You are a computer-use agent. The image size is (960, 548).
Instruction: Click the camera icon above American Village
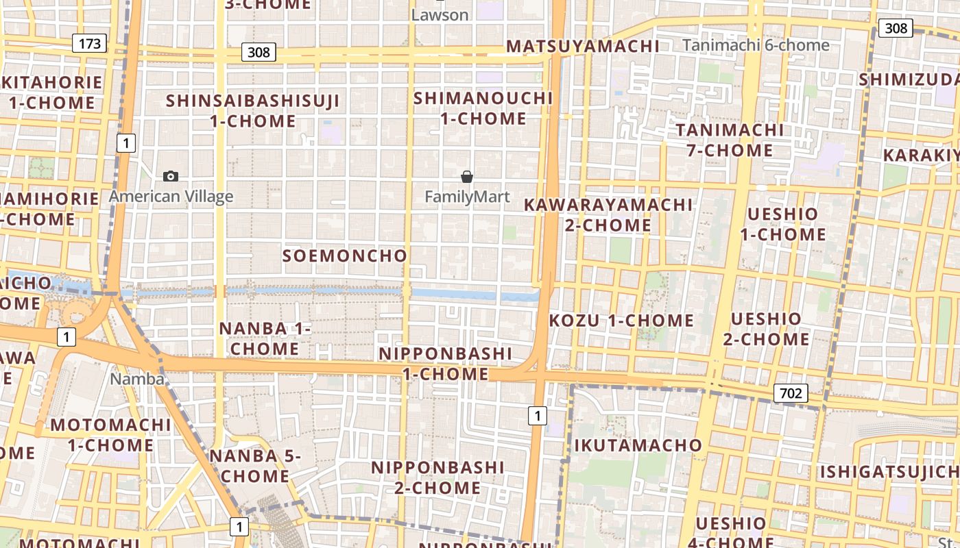171,177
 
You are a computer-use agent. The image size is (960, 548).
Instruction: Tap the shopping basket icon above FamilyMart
467,177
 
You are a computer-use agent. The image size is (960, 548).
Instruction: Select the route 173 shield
89,44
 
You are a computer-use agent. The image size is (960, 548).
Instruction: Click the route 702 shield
791,393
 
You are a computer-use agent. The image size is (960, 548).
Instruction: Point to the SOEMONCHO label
345,256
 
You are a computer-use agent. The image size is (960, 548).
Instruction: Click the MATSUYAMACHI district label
583,47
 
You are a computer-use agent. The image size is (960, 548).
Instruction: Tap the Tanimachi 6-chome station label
756,45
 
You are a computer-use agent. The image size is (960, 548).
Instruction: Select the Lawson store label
440,15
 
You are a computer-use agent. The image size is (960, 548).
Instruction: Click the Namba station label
137,379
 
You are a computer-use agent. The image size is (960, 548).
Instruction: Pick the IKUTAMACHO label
638,446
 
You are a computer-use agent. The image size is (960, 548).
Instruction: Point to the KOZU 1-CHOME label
621,321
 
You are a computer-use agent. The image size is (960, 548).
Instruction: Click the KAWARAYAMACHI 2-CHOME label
608,215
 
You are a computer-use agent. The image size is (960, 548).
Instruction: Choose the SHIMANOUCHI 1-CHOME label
483,108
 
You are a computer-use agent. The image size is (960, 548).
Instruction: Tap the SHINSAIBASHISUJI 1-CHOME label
253,111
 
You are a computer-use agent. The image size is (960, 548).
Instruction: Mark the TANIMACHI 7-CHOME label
730,140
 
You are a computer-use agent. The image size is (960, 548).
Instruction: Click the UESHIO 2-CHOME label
766,329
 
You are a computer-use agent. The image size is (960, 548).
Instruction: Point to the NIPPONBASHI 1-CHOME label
445,364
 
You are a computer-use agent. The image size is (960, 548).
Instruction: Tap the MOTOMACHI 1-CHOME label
110,435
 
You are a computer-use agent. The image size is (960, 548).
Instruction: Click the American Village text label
171,197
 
